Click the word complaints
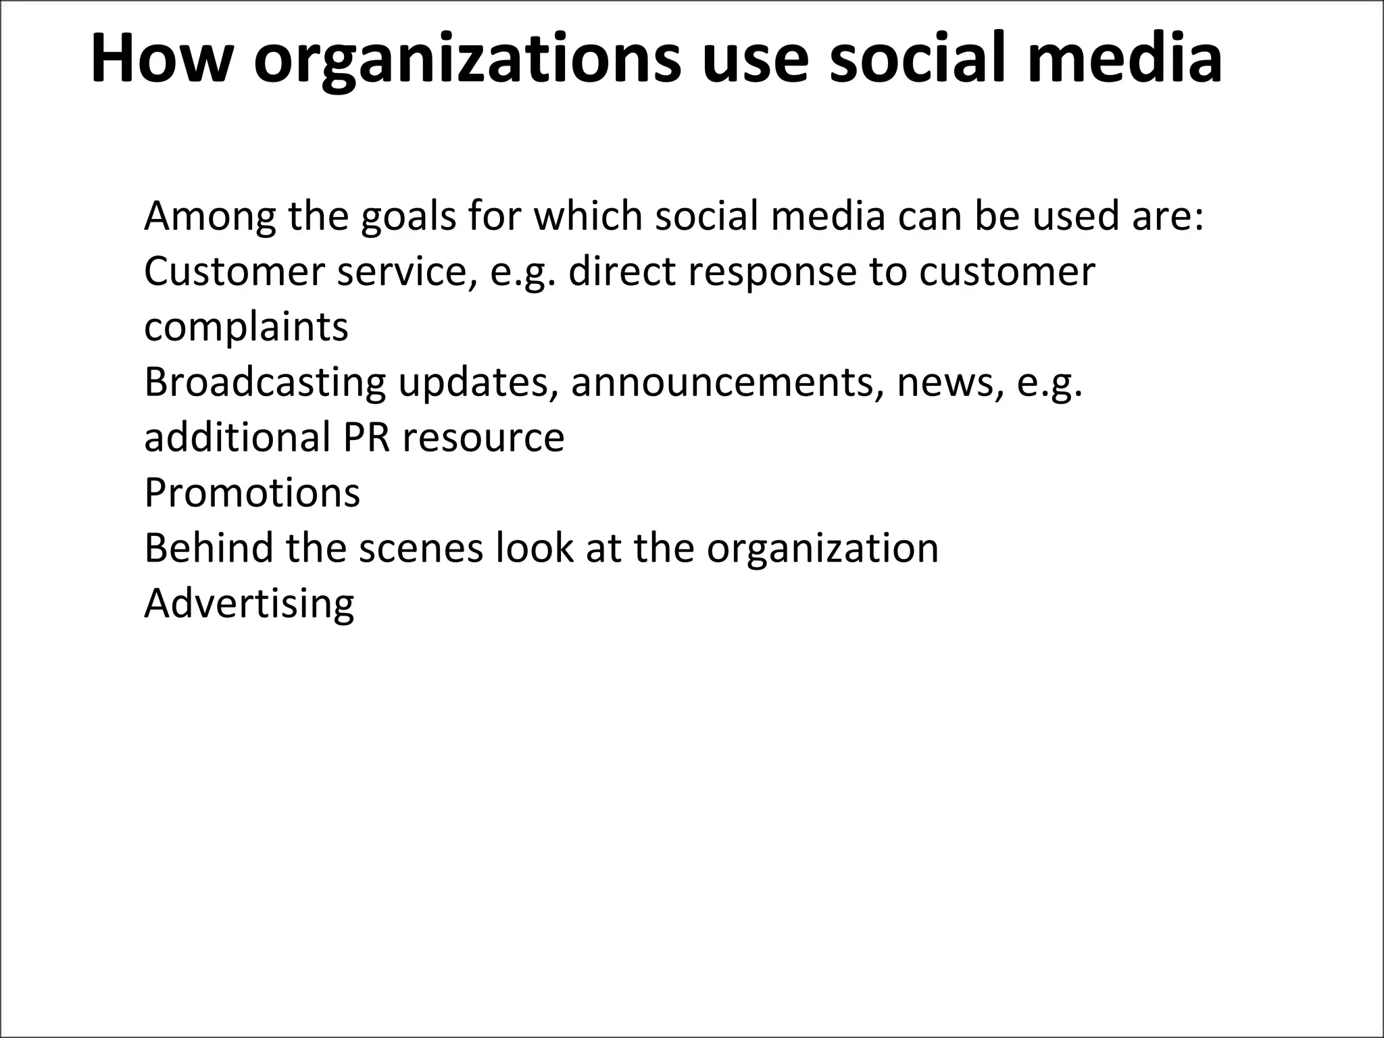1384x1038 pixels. click(246, 328)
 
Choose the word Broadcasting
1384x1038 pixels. click(265, 383)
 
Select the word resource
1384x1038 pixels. click(483, 439)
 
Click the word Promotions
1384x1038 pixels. click(252, 493)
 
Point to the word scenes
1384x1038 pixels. click(421, 548)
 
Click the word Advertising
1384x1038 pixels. click(249, 603)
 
